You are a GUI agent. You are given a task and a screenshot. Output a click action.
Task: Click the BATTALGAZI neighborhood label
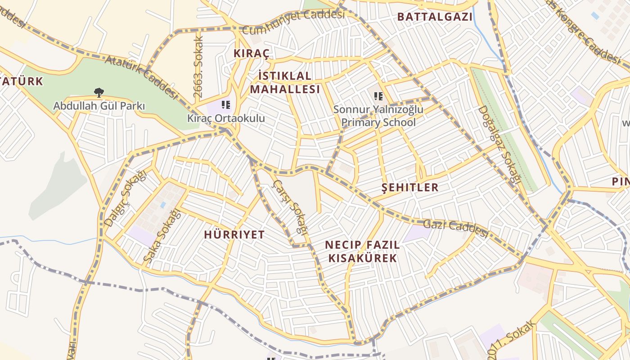coord(435,17)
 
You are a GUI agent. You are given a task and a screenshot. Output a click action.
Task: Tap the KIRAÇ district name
coord(252,54)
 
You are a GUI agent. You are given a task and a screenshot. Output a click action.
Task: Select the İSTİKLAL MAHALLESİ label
coord(285,82)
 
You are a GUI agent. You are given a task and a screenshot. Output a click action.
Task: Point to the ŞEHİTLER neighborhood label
coord(409,187)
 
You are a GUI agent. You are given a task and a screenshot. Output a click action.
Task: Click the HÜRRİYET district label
coord(234,234)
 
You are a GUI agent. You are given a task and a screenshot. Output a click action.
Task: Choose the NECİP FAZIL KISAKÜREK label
coord(362,252)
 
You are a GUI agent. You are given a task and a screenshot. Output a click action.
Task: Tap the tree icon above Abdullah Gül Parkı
coord(99,93)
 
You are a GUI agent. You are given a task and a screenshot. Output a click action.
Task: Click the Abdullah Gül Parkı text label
coord(99,106)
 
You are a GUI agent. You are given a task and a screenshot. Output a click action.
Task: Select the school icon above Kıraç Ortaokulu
coord(226,105)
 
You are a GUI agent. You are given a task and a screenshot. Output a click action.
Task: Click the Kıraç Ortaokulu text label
coord(226,118)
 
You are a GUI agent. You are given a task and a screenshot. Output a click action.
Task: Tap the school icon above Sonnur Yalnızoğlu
coord(378,96)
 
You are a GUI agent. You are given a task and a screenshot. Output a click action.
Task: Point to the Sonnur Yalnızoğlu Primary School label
coord(378,116)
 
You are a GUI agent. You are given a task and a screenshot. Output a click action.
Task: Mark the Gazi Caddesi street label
coord(455,228)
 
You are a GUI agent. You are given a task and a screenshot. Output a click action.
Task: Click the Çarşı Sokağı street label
coord(291,207)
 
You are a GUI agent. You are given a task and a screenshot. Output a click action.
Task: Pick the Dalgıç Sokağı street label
coord(126,198)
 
